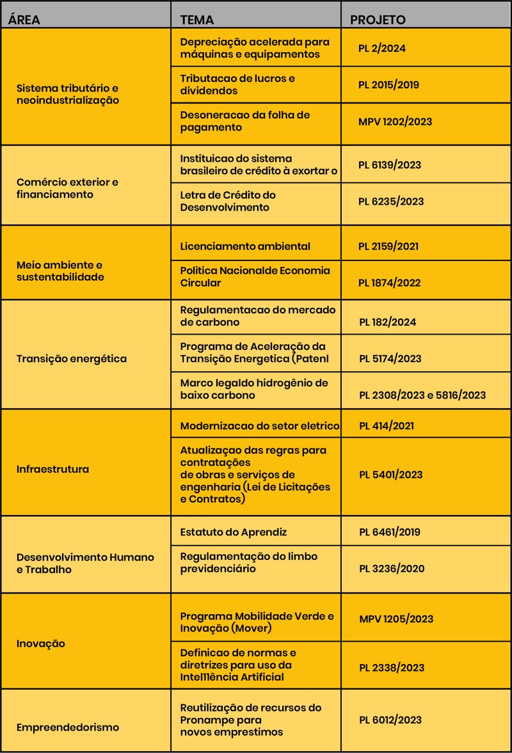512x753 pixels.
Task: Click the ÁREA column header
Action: pos(25,19)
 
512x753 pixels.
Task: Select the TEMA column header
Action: pos(197,19)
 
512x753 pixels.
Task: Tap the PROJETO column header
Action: pos(378,19)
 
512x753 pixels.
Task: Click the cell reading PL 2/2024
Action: pos(382,48)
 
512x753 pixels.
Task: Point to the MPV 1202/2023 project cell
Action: pos(395,122)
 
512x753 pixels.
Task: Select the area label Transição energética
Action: pos(72,358)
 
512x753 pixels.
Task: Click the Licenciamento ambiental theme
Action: pos(245,246)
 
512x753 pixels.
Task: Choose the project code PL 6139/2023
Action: pos(390,164)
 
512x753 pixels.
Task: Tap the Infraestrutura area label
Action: pos(52,469)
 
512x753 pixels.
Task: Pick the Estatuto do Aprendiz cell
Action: pos(234,532)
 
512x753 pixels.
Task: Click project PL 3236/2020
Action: pos(391,568)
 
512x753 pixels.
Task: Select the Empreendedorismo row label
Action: pos(68,727)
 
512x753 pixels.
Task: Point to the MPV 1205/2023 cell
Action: pos(396,619)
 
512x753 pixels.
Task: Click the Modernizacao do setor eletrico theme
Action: pos(260,425)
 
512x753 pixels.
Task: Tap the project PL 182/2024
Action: pos(387,322)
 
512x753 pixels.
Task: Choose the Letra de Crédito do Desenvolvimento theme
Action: pos(228,201)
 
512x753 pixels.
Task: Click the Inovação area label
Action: pos(41,644)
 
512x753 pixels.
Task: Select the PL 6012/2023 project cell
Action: pos(390,720)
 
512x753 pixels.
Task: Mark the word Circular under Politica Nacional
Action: pos(200,283)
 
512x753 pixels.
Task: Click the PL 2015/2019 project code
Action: pos(389,84)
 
